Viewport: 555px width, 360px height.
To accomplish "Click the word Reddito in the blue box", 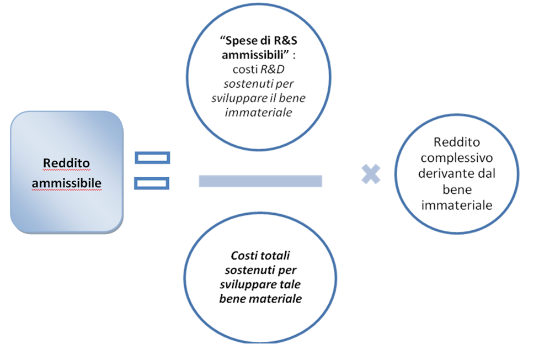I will (x=66, y=163).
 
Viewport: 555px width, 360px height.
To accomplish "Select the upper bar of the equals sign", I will (x=152, y=158).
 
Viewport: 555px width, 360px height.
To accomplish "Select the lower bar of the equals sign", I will (x=152, y=182).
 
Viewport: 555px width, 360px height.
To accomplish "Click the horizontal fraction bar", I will (x=260, y=181).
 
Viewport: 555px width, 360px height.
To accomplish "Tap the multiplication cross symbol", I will (x=371, y=175).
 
